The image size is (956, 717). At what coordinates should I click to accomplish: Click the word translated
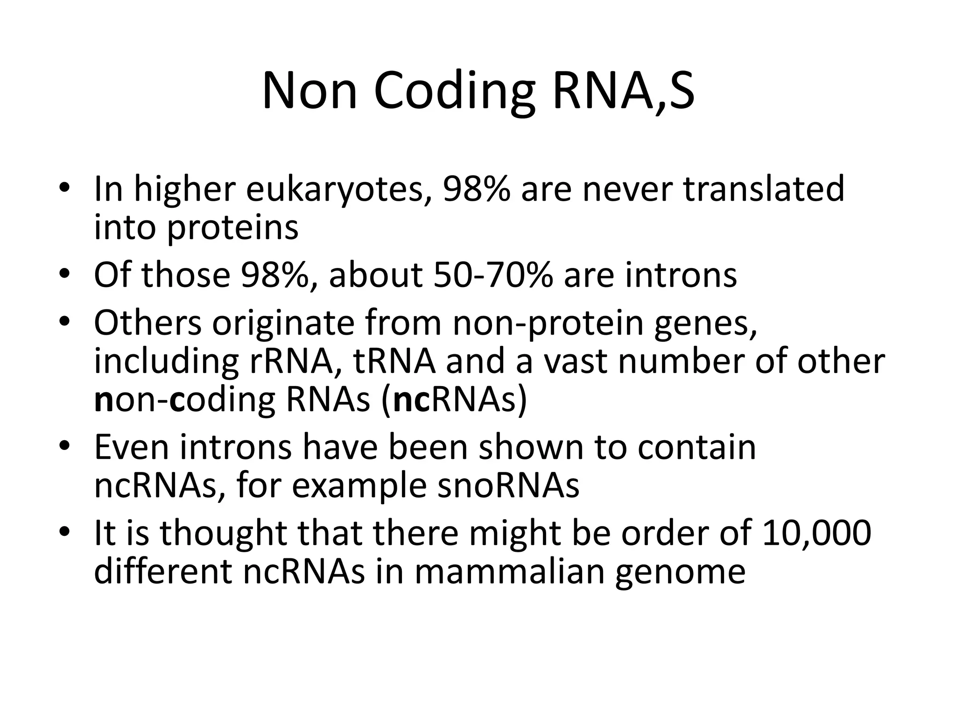(764, 189)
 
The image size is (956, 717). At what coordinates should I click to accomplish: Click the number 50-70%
(493, 275)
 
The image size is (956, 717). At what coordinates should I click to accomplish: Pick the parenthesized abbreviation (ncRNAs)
(454, 401)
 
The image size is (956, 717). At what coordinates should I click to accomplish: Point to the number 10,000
(816, 533)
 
